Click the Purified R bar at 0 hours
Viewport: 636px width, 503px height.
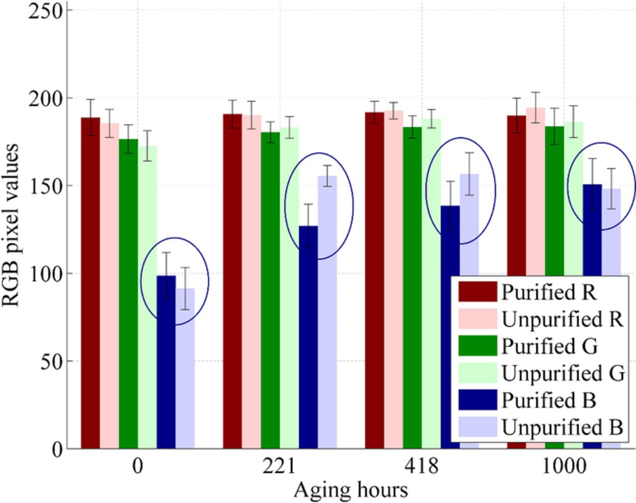tap(90, 283)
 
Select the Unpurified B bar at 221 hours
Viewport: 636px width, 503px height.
tap(327, 312)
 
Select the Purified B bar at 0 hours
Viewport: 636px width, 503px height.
tap(166, 362)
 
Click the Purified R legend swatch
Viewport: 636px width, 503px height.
tap(477, 292)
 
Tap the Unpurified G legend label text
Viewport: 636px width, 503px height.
tap(563, 373)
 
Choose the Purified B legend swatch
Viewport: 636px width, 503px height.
tap(477, 400)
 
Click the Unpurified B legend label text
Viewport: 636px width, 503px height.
tap(562, 427)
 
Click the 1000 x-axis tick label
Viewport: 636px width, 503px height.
tap(563, 467)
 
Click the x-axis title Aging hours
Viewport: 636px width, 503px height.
tap(351, 491)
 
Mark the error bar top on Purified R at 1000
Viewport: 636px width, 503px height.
tap(517, 98)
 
